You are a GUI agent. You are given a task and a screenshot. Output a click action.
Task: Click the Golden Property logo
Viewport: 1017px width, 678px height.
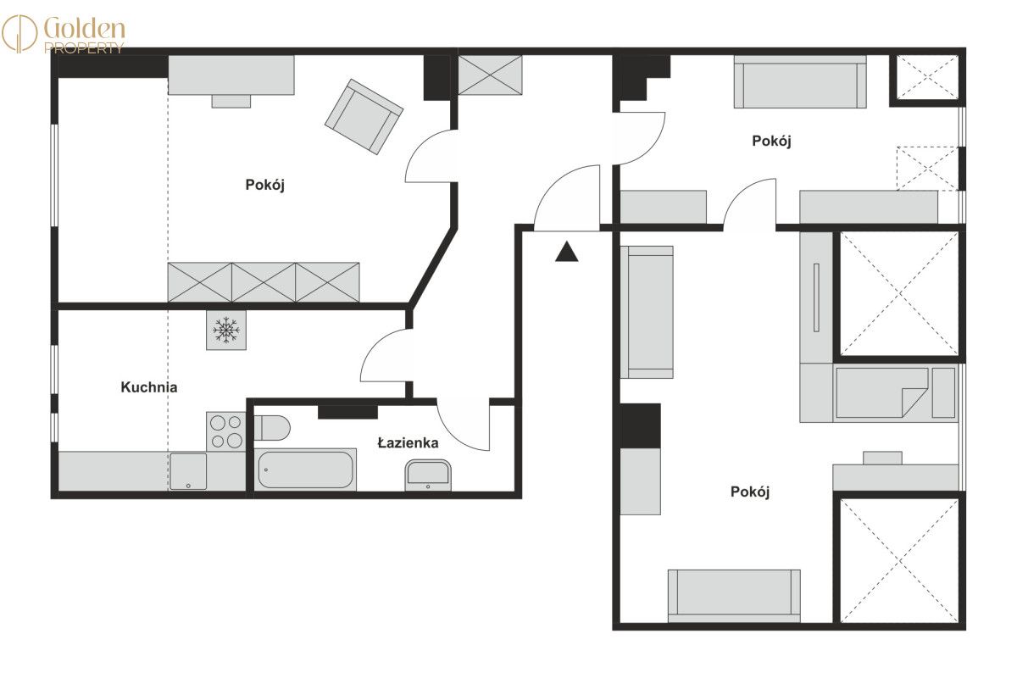pos(64,35)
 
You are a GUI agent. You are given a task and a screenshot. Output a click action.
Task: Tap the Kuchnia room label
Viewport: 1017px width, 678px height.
pos(149,387)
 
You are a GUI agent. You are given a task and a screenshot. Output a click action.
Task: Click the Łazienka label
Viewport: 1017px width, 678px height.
pos(408,442)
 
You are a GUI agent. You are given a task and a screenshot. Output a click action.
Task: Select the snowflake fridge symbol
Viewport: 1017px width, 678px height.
pos(226,330)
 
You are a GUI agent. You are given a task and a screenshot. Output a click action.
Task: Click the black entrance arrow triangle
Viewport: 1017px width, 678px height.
pos(567,252)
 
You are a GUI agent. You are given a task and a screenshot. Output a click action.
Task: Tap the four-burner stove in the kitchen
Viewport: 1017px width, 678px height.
pos(226,431)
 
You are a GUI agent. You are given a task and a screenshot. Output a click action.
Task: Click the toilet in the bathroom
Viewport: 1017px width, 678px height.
pos(271,428)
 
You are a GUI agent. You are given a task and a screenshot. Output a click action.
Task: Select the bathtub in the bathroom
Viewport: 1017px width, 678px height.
pos(305,470)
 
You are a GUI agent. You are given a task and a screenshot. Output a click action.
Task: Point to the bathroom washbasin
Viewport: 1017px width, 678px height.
pos(428,475)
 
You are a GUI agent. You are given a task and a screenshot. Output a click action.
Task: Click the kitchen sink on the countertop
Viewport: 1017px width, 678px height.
pos(188,471)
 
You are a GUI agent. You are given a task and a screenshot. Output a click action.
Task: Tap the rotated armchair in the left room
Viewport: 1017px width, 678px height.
pos(364,117)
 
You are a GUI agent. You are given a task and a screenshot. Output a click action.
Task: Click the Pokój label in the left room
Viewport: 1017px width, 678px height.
pos(264,185)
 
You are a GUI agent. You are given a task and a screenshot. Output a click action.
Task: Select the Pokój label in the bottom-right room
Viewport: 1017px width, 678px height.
pos(749,492)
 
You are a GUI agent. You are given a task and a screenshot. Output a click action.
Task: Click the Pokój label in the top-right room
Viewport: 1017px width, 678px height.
pos(771,142)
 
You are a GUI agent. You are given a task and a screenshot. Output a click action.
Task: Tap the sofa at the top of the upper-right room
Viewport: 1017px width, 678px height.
pos(800,82)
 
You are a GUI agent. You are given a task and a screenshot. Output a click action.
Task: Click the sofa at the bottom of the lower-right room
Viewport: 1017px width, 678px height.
pos(734,596)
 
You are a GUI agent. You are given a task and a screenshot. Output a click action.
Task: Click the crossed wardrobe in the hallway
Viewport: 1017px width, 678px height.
pos(490,75)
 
